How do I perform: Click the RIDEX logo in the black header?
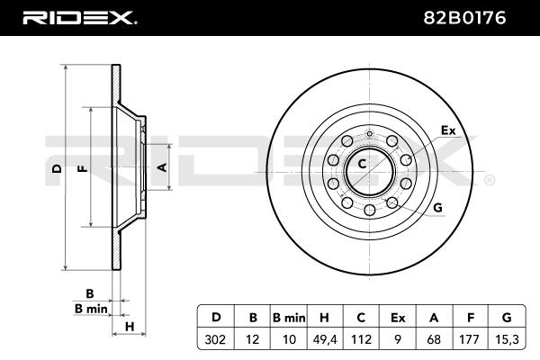[79, 18]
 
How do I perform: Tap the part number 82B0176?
[464, 18]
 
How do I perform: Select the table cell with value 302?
[215, 339]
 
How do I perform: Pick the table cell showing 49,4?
[324, 339]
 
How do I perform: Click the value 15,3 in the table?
[508, 339]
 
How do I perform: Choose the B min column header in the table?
[289, 318]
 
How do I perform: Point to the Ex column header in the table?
[398, 318]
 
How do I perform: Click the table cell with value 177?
[470, 339]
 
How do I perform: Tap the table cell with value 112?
[361, 339]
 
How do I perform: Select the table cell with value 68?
[434, 339]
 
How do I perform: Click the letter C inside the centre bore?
[362, 164]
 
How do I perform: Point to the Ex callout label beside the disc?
[448, 130]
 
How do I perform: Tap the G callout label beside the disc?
[437, 208]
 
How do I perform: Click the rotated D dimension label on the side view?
[57, 168]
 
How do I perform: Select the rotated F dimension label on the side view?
[82, 168]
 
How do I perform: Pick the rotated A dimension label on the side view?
[162, 167]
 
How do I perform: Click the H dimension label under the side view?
[130, 327]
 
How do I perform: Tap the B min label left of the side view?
[91, 309]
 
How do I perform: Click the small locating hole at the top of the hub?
[370, 133]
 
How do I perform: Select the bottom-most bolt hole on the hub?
[370, 210]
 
